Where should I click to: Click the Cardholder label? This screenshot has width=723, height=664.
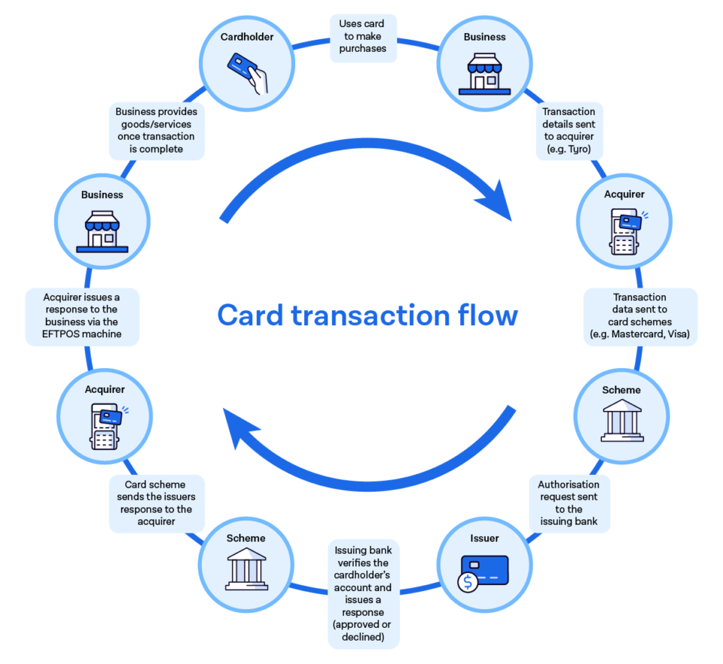248,36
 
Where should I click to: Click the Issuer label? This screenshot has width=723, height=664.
484,538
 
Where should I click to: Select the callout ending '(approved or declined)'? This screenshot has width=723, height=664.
363,594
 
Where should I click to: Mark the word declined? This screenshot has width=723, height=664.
363,636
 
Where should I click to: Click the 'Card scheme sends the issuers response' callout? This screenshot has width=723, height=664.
157,503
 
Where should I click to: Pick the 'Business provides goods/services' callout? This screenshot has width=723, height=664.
156,131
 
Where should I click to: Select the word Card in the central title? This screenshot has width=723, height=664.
249,315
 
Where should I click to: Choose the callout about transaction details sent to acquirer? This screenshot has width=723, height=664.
569,131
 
